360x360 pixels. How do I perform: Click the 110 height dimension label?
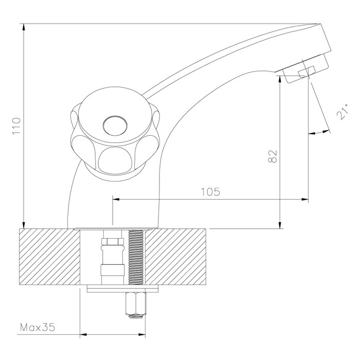[16, 127]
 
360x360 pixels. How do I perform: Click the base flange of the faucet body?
[114, 227]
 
